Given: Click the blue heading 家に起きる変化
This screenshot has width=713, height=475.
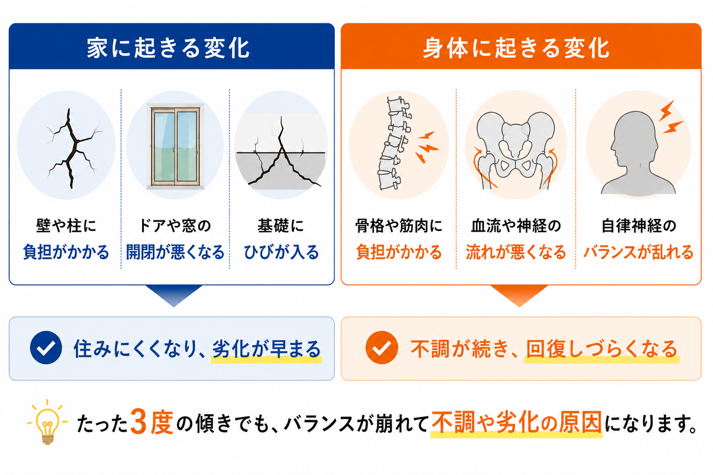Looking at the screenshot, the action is click(x=168, y=48).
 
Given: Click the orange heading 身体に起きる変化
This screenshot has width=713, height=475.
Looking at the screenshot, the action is click(x=516, y=48).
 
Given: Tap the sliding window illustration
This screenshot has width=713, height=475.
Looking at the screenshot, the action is click(x=175, y=146).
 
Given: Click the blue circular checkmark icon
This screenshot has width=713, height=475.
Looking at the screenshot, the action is click(x=46, y=347).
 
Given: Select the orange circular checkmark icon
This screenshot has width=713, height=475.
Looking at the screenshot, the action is click(x=382, y=347).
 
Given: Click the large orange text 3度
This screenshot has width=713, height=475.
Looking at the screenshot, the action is click(x=152, y=423).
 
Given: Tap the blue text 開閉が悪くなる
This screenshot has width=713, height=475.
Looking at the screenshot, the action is click(x=175, y=252).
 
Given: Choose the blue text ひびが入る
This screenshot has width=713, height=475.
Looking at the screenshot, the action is click(x=281, y=252).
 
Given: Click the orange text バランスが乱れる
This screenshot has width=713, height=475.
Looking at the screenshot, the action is click(x=638, y=252).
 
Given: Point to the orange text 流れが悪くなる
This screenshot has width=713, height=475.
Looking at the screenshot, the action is click(x=516, y=252).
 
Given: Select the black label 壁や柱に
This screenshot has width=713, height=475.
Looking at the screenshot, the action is click(x=66, y=226).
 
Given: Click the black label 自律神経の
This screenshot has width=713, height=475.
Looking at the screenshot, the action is click(x=638, y=226).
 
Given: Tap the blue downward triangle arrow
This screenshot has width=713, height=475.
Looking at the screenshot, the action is click(x=174, y=294).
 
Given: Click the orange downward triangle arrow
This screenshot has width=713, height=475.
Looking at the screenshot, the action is click(x=519, y=294).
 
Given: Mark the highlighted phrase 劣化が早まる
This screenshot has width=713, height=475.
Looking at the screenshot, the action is click(x=266, y=349).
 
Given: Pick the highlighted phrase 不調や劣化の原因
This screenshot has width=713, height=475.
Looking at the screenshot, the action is click(x=516, y=423).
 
